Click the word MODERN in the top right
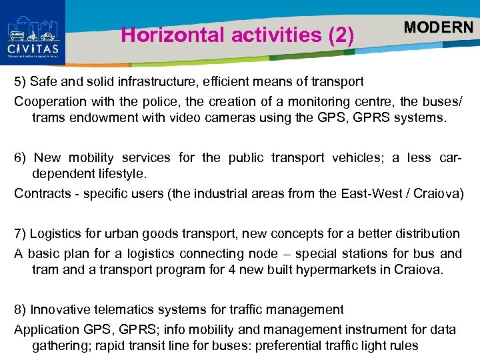click(439, 27)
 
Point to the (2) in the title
click(341, 35)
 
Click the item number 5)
click(21, 82)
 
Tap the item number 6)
click(22, 158)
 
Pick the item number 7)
click(21, 234)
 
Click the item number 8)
click(21, 310)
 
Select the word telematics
click(118, 310)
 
